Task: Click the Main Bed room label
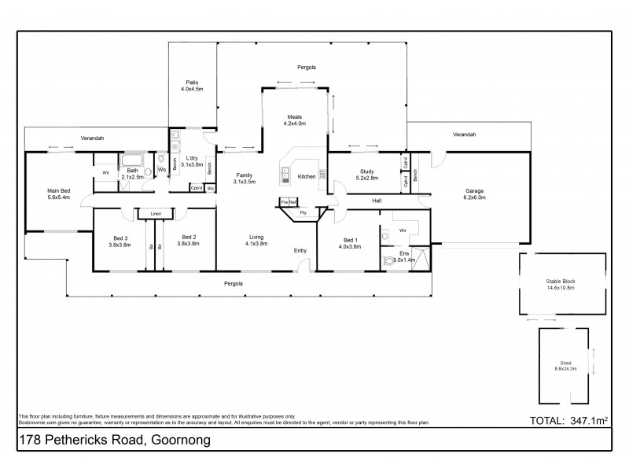(58, 190)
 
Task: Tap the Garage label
(474, 190)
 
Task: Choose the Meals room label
(294, 116)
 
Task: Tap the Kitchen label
(307, 176)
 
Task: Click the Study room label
(366, 171)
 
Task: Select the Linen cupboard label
(156, 213)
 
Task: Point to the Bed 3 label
(120, 237)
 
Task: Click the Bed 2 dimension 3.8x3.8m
(189, 244)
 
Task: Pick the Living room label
(256, 237)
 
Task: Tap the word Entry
(300, 250)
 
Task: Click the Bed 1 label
(350, 240)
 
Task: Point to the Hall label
(377, 201)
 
